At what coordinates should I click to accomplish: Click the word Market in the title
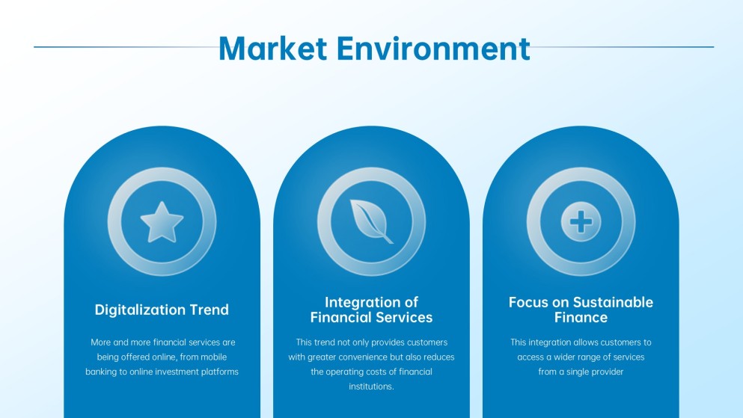[272, 48]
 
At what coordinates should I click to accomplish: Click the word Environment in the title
[433, 48]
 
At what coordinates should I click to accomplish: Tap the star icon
[162, 222]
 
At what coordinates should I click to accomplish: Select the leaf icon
[371, 221]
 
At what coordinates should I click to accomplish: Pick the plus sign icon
[581, 222]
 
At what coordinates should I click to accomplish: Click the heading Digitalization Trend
[162, 310]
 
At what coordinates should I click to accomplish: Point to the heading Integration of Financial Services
[371, 310]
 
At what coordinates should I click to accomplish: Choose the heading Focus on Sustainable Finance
[581, 310]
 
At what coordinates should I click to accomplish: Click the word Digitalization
[140, 310]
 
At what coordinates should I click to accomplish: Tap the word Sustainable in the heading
[613, 302]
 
